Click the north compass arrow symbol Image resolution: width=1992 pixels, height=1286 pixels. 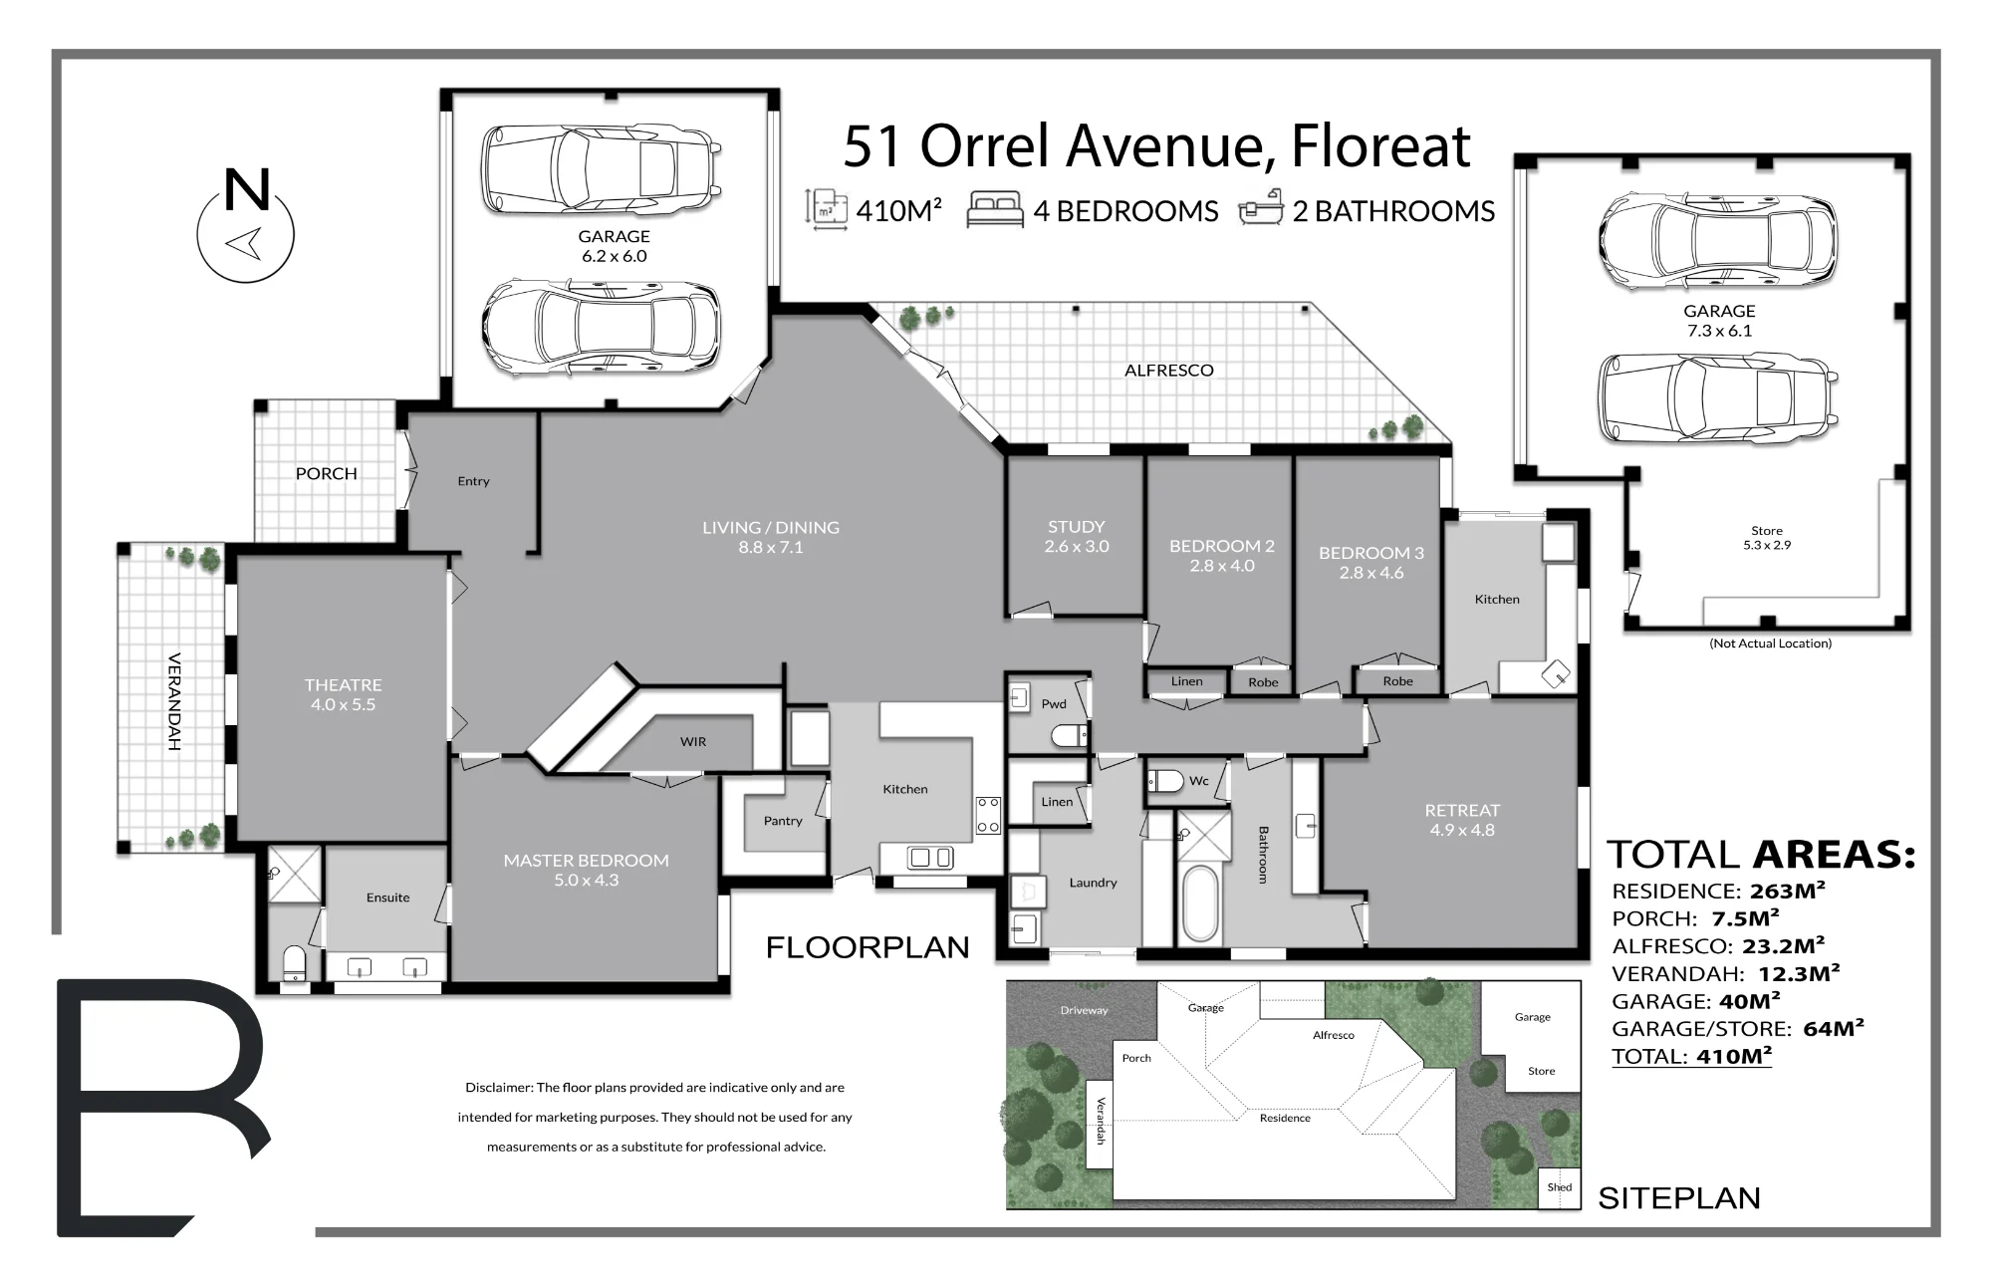click(x=245, y=242)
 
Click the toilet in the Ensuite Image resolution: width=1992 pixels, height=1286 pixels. click(x=295, y=964)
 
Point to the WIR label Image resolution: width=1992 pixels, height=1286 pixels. click(x=693, y=742)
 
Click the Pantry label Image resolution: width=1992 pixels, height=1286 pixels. click(x=783, y=821)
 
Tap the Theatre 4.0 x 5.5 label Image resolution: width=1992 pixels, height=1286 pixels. click(x=343, y=694)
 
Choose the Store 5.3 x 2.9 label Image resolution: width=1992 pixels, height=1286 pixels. click(x=1767, y=538)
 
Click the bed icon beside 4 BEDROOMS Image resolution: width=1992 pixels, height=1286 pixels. click(x=995, y=211)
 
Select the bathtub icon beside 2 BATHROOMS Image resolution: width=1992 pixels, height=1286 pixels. click(x=1260, y=209)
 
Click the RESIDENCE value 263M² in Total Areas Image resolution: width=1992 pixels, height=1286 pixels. click(x=1787, y=891)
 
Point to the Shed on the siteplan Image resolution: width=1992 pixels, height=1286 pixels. click(x=1560, y=1187)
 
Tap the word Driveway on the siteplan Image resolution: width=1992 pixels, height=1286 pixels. click(x=1084, y=1010)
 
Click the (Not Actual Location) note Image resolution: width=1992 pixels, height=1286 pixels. click(x=1770, y=643)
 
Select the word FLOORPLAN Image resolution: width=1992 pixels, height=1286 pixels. click(x=868, y=947)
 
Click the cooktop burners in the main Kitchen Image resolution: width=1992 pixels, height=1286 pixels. click(x=988, y=814)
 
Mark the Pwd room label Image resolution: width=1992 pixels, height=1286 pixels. click(x=1054, y=704)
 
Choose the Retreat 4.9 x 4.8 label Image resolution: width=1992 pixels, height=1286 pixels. click(x=1462, y=820)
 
